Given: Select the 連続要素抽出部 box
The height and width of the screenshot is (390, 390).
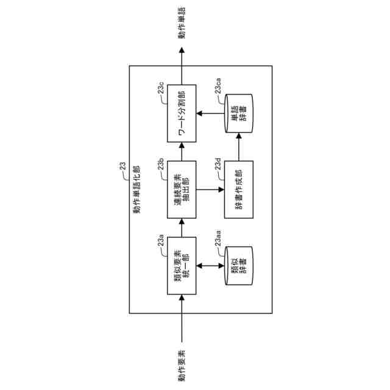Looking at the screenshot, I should tap(182, 190).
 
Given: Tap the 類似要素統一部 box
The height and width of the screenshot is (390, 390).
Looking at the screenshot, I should tap(182, 266).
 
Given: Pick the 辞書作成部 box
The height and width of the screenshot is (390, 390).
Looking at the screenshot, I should tap(238, 190).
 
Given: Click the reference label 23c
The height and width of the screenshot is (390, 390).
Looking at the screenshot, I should tap(160, 91).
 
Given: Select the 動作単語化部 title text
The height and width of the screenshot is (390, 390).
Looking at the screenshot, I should tap(135, 189).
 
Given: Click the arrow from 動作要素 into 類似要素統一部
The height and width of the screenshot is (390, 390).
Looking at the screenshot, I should tap(182, 317).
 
